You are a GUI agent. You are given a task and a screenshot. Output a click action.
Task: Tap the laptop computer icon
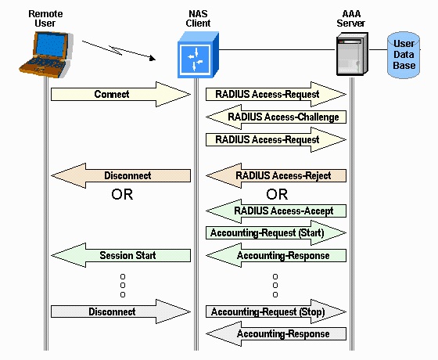click(43, 53)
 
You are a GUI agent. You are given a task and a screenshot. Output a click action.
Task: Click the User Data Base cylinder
click(404, 53)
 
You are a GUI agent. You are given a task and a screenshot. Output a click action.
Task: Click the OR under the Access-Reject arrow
click(277, 194)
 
